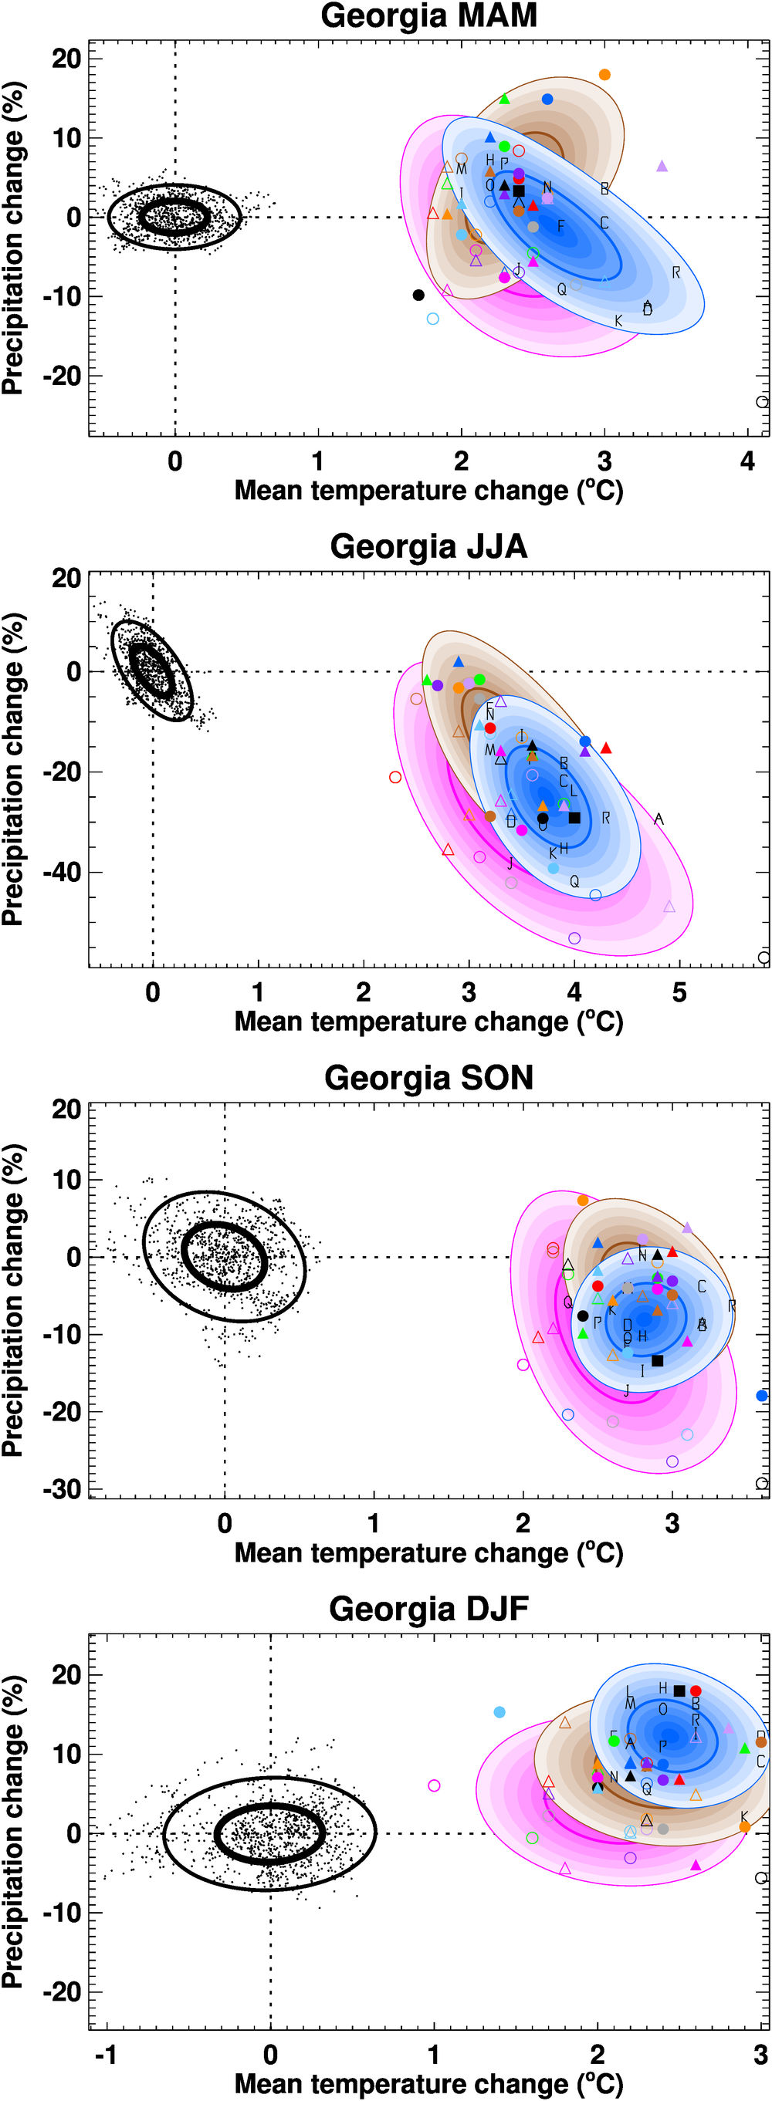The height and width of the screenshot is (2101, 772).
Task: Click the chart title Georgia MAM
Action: click(x=428, y=16)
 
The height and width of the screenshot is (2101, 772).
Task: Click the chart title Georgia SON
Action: click(x=428, y=1077)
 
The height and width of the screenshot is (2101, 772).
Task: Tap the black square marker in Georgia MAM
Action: click(x=519, y=191)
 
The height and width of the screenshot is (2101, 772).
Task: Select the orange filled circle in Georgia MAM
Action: click(x=604, y=75)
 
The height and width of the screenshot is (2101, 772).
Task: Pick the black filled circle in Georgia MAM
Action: click(x=418, y=296)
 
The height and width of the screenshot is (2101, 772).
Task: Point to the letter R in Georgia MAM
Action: click(x=675, y=272)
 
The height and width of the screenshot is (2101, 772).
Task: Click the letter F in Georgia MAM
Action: click(x=560, y=226)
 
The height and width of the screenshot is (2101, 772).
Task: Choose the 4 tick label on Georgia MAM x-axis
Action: click(x=747, y=461)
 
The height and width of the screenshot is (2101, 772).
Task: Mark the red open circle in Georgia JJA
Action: click(x=396, y=777)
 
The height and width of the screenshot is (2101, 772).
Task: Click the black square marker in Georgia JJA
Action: click(x=574, y=817)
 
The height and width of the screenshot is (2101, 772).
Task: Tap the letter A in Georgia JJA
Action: click(x=659, y=819)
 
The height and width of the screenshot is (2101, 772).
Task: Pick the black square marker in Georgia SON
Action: click(x=658, y=1360)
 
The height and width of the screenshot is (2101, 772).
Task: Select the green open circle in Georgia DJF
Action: click(x=532, y=1838)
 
